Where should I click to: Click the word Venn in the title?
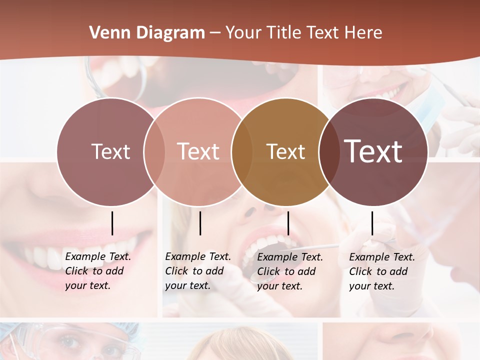105,33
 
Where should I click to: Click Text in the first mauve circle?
110,151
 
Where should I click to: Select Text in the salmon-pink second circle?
198,151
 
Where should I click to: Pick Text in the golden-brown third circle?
285,151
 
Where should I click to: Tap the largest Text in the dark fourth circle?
373,151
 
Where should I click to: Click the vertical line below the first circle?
112,223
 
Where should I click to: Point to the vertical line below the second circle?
200,223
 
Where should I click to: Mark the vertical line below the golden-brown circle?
288,223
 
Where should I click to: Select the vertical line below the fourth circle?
372,223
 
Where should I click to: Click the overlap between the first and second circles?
154,151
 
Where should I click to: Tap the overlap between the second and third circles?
241,151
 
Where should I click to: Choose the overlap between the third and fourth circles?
328,151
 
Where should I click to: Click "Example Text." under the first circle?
98,256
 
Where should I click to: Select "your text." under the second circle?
187,285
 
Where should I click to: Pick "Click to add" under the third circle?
286,271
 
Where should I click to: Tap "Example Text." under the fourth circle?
382,257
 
